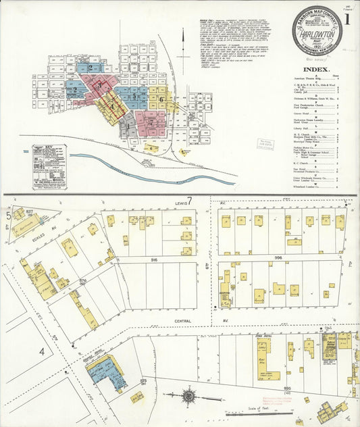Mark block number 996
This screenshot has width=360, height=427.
click(279, 257)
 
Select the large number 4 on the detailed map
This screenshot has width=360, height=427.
click(41, 351)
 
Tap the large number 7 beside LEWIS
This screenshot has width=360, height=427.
click(190, 201)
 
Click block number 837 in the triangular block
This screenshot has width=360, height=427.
click(30, 211)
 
